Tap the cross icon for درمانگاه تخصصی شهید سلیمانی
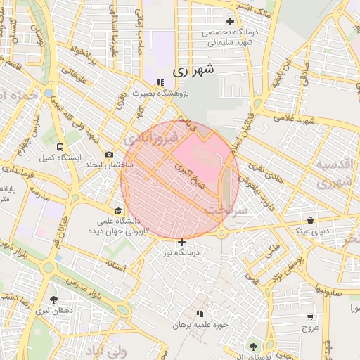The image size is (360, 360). [230, 21]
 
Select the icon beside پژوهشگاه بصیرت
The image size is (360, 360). [160, 82]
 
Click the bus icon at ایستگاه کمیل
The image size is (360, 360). [59, 148]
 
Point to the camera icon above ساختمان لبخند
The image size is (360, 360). [109, 154]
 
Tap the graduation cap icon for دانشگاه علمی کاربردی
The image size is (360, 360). [118, 210]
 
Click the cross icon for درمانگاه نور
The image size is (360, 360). [182, 242]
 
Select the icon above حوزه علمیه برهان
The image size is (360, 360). [200, 314]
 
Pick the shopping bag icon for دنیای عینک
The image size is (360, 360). [310, 220]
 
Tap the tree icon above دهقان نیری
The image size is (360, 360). [53, 300]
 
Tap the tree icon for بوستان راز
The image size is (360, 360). [252, 345]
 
